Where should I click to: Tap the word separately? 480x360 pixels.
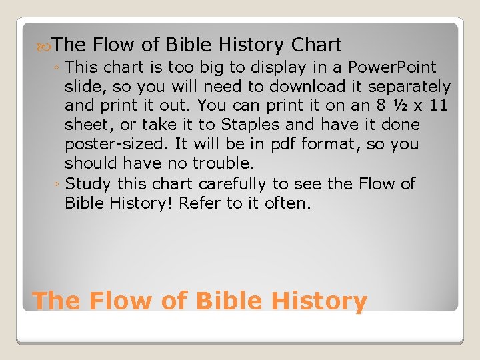tap(410, 87)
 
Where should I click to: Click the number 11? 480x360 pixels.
tap(439, 105)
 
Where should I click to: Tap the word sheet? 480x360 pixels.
tap(89, 125)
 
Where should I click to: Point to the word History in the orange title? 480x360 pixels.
tap(319, 301)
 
